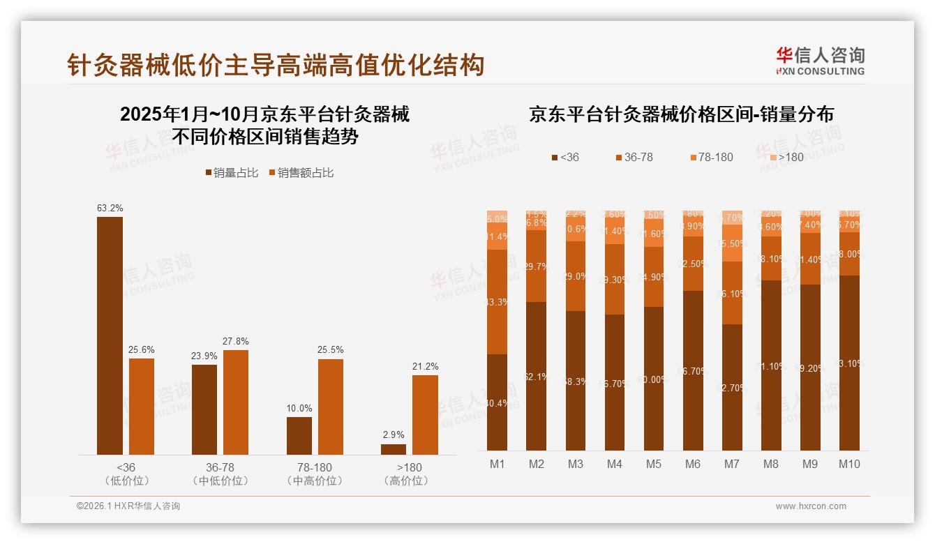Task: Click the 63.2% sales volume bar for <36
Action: click(x=110, y=335)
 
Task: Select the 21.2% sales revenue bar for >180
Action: click(x=425, y=415)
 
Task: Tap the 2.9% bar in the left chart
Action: click(x=393, y=449)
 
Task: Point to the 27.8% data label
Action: click(x=235, y=341)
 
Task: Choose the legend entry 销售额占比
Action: click(x=301, y=173)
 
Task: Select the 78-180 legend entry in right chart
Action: click(x=712, y=157)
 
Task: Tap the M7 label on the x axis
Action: click(x=732, y=464)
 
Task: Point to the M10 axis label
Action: click(x=849, y=464)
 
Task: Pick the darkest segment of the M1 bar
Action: click(x=498, y=402)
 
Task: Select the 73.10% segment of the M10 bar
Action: click(x=849, y=363)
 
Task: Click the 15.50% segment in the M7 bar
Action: click(x=732, y=243)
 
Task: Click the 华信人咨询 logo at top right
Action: click(x=820, y=61)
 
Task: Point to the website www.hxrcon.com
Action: click(x=810, y=506)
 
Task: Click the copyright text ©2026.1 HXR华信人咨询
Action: click(x=128, y=506)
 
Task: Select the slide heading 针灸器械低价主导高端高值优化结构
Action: click(x=276, y=66)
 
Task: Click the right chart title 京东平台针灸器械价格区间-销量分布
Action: click(x=681, y=114)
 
